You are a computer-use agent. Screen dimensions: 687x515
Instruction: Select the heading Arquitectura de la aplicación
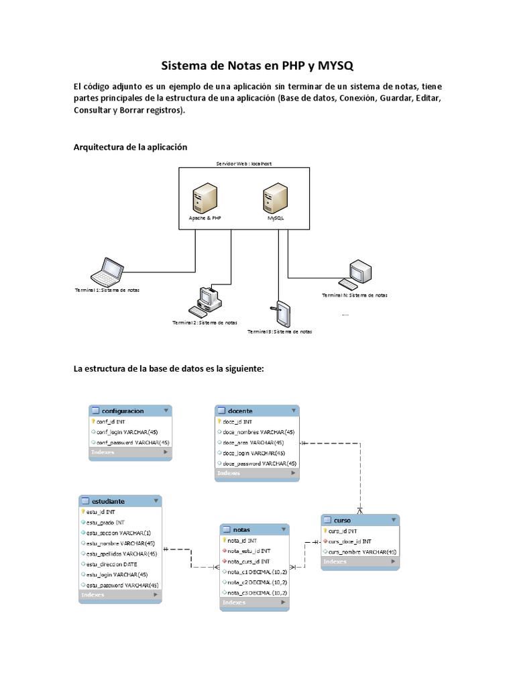(x=130, y=147)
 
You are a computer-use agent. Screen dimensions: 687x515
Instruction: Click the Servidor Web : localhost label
(x=243, y=163)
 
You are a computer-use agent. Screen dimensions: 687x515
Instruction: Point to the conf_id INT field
(x=111, y=422)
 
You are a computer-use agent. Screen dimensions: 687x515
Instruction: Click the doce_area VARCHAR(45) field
(x=253, y=443)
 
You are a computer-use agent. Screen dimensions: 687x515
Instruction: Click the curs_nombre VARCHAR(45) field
(x=362, y=551)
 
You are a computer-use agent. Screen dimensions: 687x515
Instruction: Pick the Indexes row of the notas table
(x=255, y=603)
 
